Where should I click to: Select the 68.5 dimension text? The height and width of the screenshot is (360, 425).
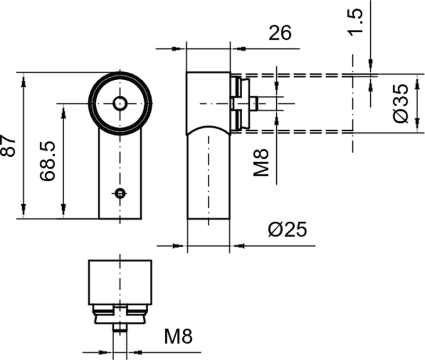coord(48,161)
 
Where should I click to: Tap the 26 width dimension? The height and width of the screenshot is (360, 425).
coord(280,33)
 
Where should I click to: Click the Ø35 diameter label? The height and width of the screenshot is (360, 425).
coord(402,103)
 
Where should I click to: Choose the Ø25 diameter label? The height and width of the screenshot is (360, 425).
coord(287,229)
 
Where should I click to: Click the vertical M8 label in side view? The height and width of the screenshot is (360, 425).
coord(261,162)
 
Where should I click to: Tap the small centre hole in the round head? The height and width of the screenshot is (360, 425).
coord(120,103)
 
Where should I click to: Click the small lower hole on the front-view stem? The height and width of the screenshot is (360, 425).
coord(121,192)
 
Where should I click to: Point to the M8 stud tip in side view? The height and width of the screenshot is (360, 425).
coord(257,103)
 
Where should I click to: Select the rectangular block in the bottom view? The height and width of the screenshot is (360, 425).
coord(120,282)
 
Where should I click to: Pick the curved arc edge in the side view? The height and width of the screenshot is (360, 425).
coord(208,128)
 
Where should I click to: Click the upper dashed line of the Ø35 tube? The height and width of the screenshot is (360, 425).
coord(297,75)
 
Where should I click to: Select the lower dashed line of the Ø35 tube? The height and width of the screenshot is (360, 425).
coord(297,131)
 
